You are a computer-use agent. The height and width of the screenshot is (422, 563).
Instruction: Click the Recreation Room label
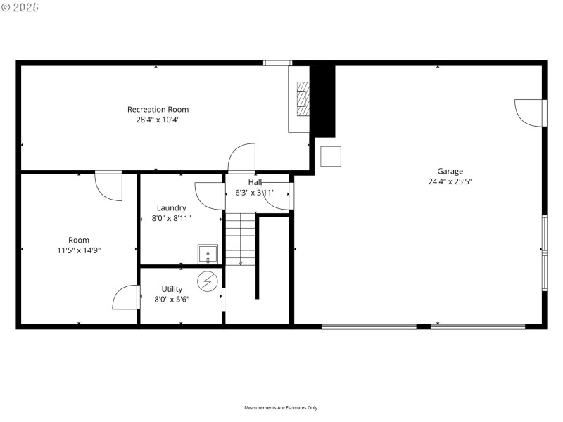tap(158, 109)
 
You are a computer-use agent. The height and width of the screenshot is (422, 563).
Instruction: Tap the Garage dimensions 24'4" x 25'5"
tap(450, 181)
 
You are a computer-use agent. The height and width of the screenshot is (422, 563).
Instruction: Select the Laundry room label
tap(171, 207)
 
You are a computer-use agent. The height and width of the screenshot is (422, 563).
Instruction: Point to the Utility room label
tap(172, 289)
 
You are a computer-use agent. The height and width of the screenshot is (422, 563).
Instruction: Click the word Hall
tap(254, 182)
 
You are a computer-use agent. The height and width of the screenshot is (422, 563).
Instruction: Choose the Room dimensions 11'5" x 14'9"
tap(79, 250)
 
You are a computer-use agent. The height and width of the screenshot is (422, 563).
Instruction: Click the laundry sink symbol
tap(208, 254)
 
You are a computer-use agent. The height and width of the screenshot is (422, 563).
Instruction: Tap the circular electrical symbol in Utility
tap(208, 281)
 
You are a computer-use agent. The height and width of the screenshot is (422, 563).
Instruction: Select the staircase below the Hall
tap(240, 240)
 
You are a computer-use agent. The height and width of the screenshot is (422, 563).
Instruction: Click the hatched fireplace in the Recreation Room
tap(302, 98)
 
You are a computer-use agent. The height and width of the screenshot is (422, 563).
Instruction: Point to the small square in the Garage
tap(331, 156)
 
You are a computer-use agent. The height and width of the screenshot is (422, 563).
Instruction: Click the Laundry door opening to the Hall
tap(209, 196)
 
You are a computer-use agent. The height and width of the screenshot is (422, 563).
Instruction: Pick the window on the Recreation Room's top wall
tap(277, 63)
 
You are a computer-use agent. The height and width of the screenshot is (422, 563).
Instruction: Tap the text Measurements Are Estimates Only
tap(281, 408)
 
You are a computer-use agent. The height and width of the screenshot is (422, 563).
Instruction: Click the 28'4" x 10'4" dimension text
tap(158, 120)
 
